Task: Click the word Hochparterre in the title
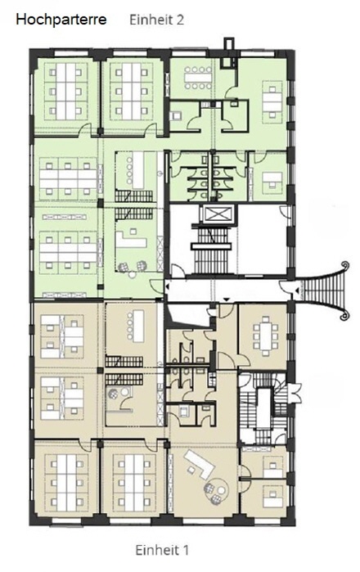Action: pyautogui.click(x=61, y=20)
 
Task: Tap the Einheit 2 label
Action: pyautogui.click(x=157, y=20)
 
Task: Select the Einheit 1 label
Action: pyautogui.click(x=162, y=550)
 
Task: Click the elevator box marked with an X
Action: pyautogui.click(x=218, y=214)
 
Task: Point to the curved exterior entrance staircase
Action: pyautogui.click(x=326, y=291)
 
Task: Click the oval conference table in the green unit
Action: pyautogui.click(x=198, y=78)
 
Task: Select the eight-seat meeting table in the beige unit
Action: pyautogui.click(x=265, y=336)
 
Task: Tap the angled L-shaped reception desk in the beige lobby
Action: pyautogui.click(x=200, y=464)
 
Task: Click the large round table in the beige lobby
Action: pyautogui.click(x=220, y=486)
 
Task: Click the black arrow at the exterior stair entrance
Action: pyautogui.click(x=298, y=291)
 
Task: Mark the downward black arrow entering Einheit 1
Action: pyautogui.click(x=227, y=300)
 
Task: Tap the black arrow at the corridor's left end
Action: pyautogui.click(x=167, y=288)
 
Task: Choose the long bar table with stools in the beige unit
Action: pyautogui.click(x=138, y=326)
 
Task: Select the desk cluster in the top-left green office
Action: pyautogui.click(x=66, y=91)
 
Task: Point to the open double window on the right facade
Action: pyautogui.click(x=295, y=393)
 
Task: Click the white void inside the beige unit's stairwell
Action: pyautogui.click(x=263, y=408)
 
